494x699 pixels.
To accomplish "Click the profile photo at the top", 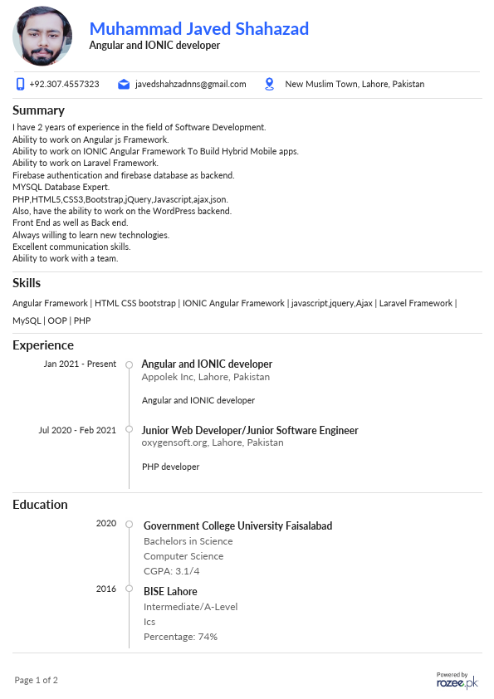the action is (x=42, y=37).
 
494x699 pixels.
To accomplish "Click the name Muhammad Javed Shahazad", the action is (x=199, y=29).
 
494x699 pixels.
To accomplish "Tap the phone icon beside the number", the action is (x=20, y=84).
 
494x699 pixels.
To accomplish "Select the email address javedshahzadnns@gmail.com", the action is (x=191, y=84).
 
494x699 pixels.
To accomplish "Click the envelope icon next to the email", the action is (x=124, y=84).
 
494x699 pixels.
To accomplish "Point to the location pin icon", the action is (x=269, y=84).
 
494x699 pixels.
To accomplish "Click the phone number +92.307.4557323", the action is (x=64, y=84).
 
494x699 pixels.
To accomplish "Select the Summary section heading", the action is (x=38, y=110).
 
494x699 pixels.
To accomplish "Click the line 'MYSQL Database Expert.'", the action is (x=61, y=188).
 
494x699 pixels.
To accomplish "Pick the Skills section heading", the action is (x=27, y=283).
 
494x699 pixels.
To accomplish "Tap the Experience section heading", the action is (x=43, y=345).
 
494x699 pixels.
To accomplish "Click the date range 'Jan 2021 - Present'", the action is (x=80, y=364).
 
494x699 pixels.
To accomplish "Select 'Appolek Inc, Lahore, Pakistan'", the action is (x=206, y=377).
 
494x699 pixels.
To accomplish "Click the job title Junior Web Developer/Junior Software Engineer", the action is (x=250, y=430).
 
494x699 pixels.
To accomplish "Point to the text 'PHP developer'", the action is (x=171, y=467).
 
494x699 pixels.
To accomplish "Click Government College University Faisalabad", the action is (x=237, y=525).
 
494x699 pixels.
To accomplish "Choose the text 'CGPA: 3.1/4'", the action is (x=172, y=571).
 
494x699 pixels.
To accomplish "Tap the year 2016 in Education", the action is (x=106, y=589).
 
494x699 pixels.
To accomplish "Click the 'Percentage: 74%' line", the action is (x=180, y=637).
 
